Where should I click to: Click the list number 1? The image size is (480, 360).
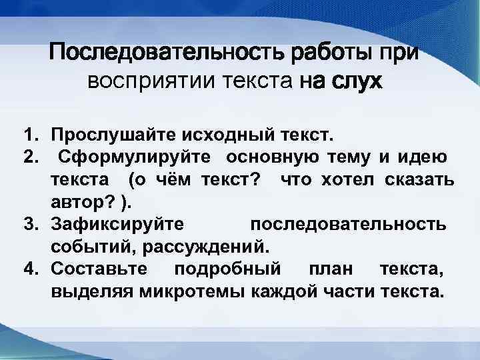(30, 137)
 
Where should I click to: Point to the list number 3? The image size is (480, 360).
(30, 224)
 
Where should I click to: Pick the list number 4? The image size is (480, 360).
(30, 269)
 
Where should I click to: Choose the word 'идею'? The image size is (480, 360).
(423, 158)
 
